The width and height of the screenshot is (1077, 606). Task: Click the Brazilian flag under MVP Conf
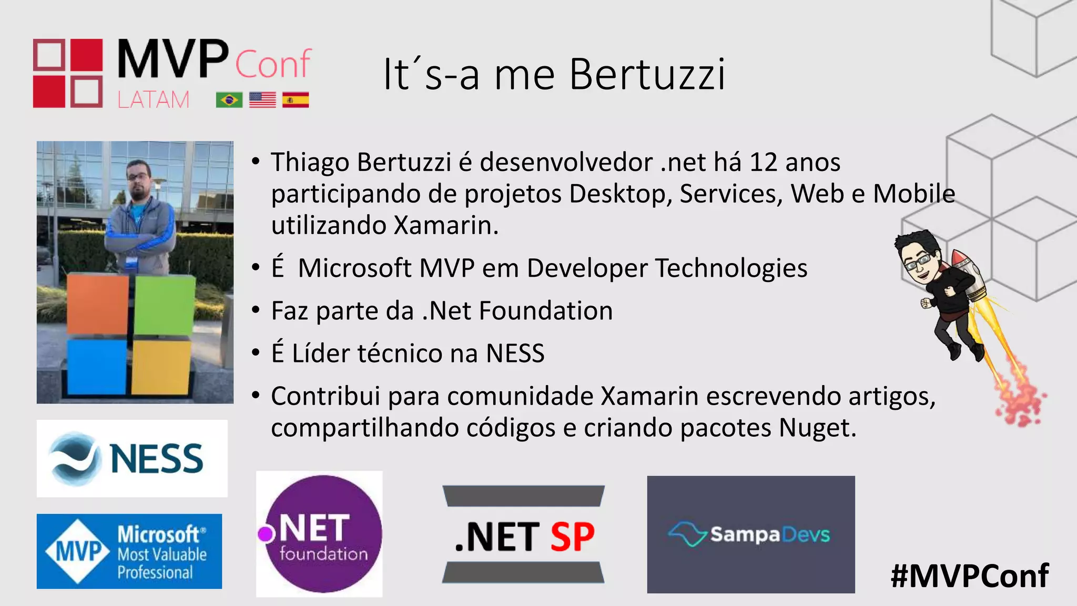click(x=229, y=100)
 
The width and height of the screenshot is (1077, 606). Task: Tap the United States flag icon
click(x=262, y=100)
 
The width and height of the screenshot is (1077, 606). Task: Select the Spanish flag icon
click(x=296, y=100)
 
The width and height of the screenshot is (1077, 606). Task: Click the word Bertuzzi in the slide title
click(x=647, y=75)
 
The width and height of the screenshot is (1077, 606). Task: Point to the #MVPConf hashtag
click(x=970, y=576)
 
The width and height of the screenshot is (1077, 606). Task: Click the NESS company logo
click(x=132, y=458)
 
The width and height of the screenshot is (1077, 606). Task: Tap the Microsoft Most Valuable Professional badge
click(x=129, y=551)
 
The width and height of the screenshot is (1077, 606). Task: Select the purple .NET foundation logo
click(x=319, y=534)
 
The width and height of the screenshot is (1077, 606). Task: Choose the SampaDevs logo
click(x=750, y=534)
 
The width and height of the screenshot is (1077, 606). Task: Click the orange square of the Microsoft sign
click(x=98, y=304)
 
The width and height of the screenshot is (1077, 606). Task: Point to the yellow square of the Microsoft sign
click(x=160, y=367)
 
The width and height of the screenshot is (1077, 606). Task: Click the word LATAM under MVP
click(x=153, y=100)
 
